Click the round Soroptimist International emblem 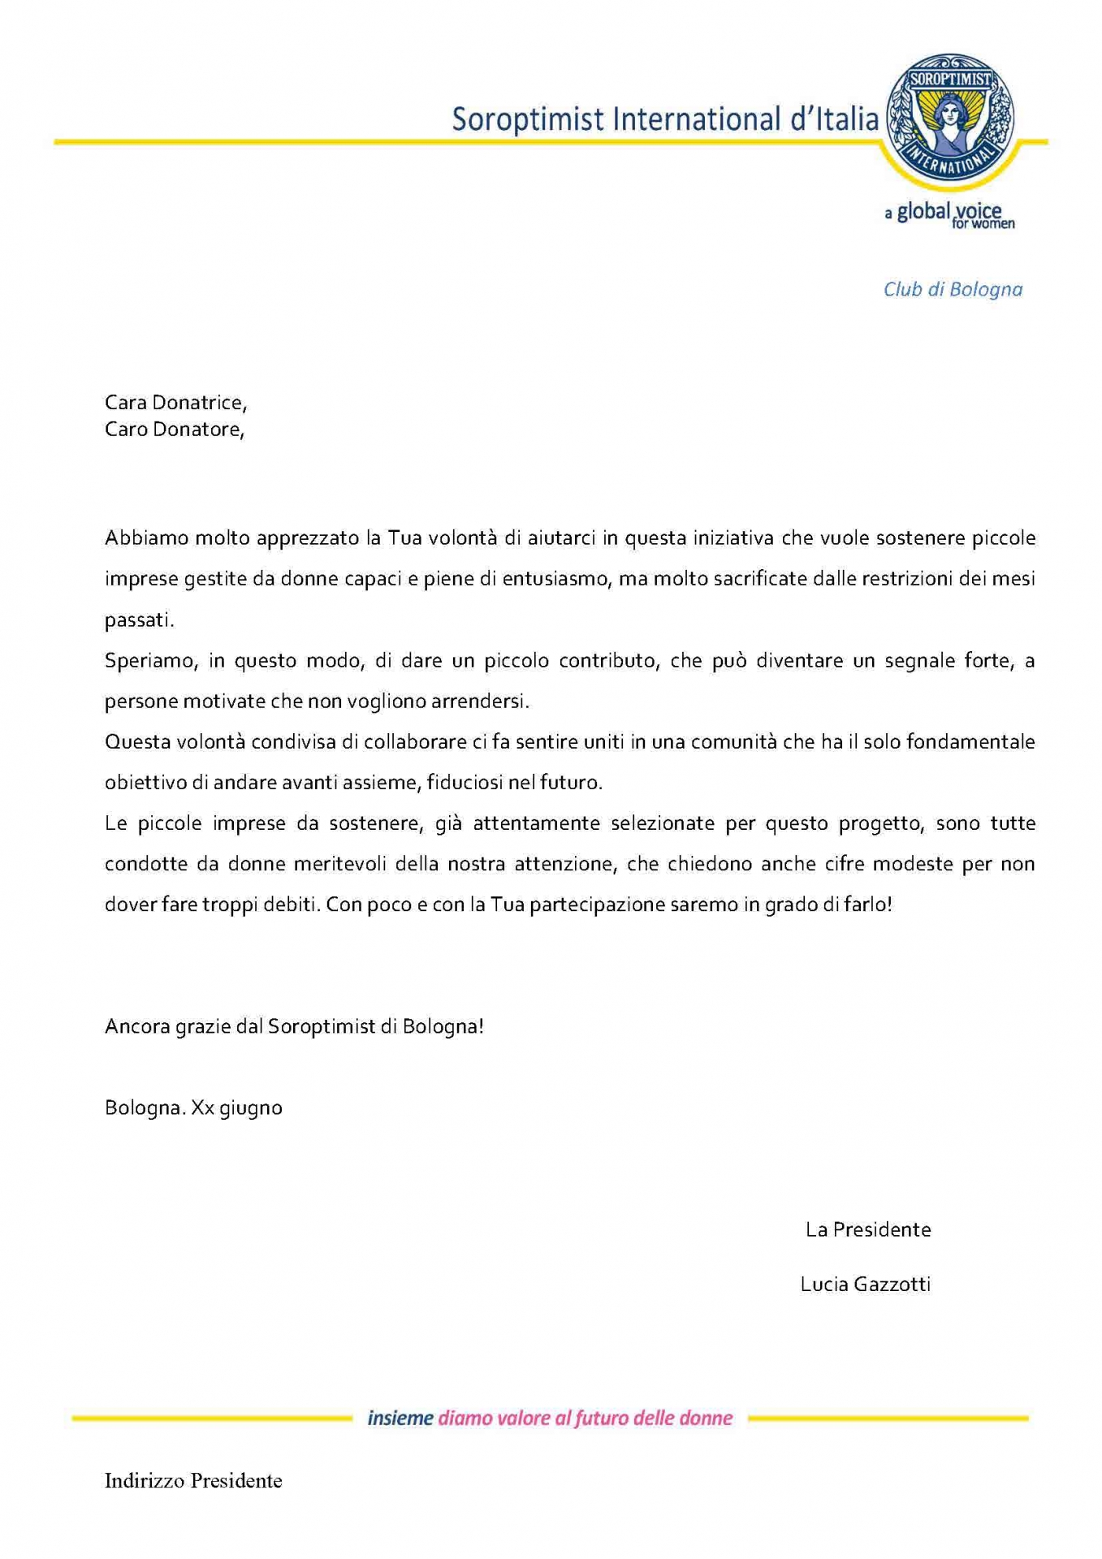[949, 119]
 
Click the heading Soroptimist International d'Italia [665, 119]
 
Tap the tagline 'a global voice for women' [949, 215]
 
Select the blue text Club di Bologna [953, 290]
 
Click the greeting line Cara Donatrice [175, 403]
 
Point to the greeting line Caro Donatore [175, 430]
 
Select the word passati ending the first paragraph [139, 620]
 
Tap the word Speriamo [150, 661]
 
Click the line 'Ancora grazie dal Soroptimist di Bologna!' [294, 1026]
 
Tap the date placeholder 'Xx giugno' [236, 1108]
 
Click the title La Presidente [867, 1230]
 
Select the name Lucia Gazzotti [865, 1285]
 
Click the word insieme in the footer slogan [400, 1419]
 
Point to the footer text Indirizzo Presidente [193, 1481]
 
